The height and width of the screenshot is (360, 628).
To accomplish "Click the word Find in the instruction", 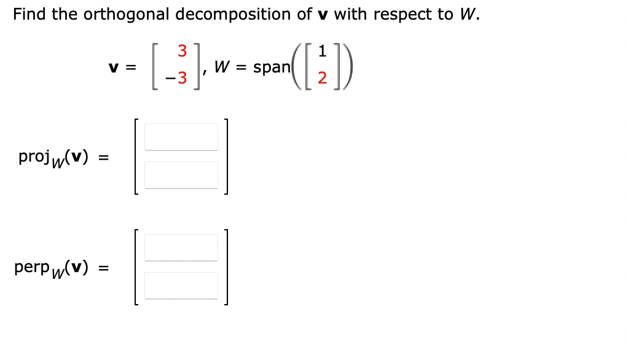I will (29, 15).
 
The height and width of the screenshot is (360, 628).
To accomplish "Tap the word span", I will (271, 68).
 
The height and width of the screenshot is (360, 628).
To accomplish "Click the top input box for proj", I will (181, 137).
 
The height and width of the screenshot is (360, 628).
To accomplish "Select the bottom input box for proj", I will (181, 175).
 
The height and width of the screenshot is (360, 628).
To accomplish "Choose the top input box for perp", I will (181, 247).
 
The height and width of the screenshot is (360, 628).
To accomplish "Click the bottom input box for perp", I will (181, 285).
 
